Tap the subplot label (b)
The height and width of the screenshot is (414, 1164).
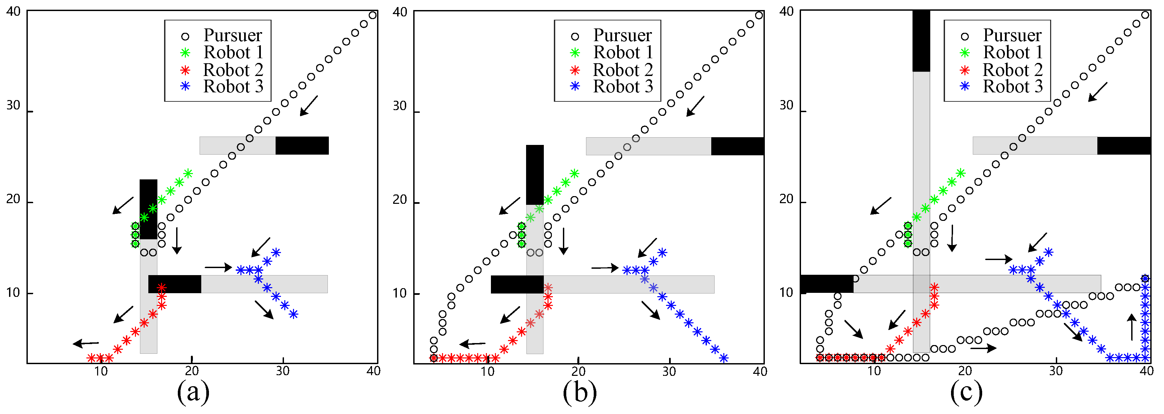pos(580,392)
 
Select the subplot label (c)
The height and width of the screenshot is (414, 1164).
pos(966,392)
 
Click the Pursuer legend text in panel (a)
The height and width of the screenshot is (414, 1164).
pos(232,35)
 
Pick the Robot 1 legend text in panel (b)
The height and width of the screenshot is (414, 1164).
pos(623,52)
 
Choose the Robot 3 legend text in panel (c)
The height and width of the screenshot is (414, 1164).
pos(1013,86)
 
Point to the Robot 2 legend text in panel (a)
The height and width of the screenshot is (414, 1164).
pos(233,70)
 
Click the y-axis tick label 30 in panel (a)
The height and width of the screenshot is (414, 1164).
pos(13,106)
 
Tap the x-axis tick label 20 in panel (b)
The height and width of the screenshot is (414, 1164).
pos(578,371)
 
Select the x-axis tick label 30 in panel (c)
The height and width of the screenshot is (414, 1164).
pos(1056,371)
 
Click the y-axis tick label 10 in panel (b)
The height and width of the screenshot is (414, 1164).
pos(400,294)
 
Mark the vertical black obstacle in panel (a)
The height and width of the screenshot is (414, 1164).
pos(148,209)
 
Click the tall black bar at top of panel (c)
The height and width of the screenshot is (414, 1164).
pos(921,40)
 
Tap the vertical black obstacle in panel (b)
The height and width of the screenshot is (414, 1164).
pos(534,174)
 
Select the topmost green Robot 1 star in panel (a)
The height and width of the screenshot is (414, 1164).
pos(188,173)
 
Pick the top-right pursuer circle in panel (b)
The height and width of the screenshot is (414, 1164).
pos(759,16)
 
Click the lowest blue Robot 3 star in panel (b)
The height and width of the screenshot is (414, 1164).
pos(723,358)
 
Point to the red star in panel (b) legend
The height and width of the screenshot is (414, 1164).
pos(575,70)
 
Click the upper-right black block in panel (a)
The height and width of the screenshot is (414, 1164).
pos(302,145)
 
